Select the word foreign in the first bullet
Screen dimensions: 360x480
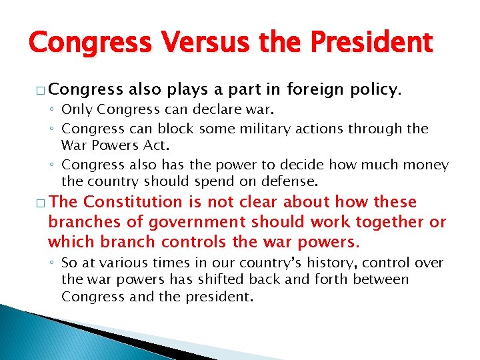click(x=317, y=89)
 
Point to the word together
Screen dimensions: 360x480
click(x=391, y=222)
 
